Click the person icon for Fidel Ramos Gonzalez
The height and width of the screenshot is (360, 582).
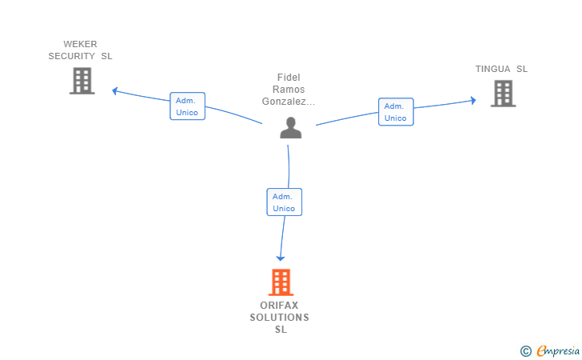[x=291, y=127]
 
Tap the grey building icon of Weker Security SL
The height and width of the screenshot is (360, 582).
[x=82, y=81]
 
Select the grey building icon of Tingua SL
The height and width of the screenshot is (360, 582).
[x=503, y=94]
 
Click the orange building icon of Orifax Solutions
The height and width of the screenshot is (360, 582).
[x=281, y=282]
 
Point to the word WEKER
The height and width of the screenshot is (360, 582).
[x=80, y=44]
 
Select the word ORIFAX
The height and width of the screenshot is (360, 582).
[x=280, y=306]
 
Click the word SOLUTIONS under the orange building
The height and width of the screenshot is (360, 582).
[x=280, y=318]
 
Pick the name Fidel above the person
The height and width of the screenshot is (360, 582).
[x=289, y=78]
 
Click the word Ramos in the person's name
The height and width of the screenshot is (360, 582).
[x=289, y=90]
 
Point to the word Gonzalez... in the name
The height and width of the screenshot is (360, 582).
[x=289, y=102]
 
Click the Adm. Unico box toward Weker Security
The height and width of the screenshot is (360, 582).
[x=188, y=106]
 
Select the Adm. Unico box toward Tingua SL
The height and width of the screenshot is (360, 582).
[x=396, y=112]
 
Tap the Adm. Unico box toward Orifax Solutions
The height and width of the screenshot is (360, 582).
[x=284, y=202]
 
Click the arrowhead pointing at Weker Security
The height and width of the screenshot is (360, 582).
[x=115, y=90]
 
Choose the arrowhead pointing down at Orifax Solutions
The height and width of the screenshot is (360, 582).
[x=281, y=257]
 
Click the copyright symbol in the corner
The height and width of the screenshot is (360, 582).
[x=525, y=350]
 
